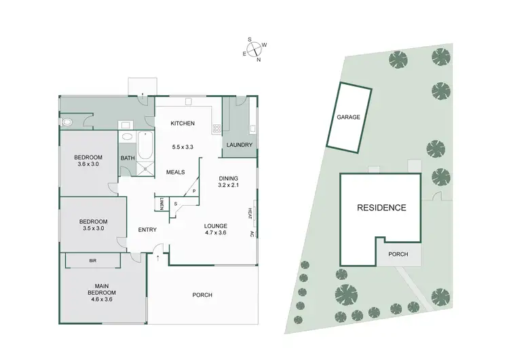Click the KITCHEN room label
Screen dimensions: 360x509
click(x=183, y=123)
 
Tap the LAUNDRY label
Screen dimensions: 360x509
click(x=240, y=145)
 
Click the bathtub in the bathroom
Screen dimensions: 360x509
click(x=145, y=145)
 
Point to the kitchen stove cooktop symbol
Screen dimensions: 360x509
click(x=217, y=128)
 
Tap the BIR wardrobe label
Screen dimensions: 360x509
click(x=92, y=260)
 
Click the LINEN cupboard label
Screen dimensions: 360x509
click(x=162, y=203)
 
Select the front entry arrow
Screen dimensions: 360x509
click(x=157, y=257)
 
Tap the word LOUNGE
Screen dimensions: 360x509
click(x=215, y=226)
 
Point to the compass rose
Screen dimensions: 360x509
click(x=254, y=49)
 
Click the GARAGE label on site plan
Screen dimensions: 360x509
click(x=348, y=117)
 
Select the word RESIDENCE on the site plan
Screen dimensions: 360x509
click(x=381, y=208)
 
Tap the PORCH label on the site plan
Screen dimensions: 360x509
click(x=398, y=255)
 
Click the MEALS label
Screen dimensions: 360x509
click(x=176, y=172)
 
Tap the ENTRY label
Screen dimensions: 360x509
click(x=147, y=230)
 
